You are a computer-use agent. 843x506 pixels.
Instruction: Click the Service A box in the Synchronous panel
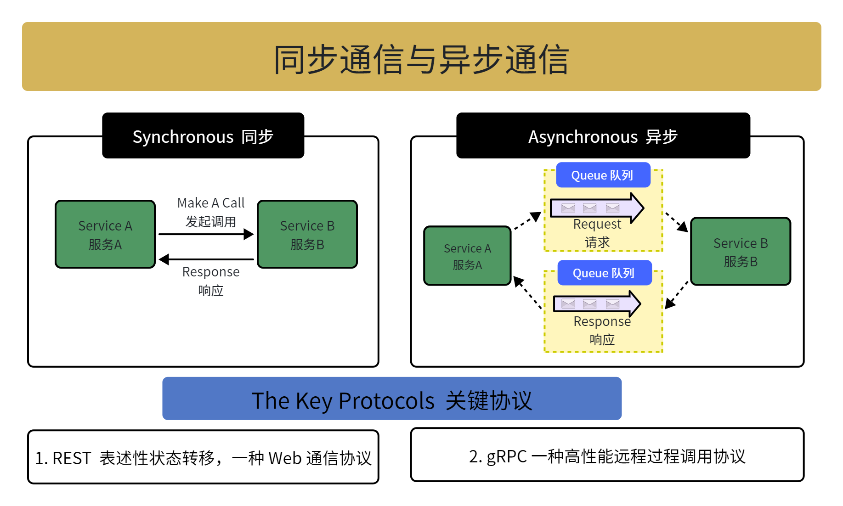pos(105,234)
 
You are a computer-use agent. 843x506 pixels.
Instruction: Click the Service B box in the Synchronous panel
pos(307,234)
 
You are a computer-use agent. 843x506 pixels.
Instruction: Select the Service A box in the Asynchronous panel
pos(467,256)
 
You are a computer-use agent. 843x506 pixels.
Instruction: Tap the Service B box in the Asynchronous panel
pos(741,252)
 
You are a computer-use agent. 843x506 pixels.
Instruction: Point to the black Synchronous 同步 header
pos(203,135)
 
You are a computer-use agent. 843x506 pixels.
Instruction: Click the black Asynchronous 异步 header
pos(603,135)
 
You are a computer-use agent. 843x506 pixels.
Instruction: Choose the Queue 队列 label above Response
pos(605,273)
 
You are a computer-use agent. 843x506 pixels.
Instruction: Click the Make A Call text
pos(211,202)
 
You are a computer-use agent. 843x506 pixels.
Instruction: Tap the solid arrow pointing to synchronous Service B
pos(206,234)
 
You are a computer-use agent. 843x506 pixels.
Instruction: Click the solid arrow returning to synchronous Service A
pos(206,259)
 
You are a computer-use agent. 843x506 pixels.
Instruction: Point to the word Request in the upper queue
pos(597,224)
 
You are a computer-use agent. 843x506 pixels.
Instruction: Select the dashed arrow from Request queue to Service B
pos(677,222)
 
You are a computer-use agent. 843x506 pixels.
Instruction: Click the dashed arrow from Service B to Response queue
pos(677,295)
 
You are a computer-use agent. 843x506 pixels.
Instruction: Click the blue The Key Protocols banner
pos(392,399)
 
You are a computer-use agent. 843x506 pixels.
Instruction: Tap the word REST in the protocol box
pos(72,458)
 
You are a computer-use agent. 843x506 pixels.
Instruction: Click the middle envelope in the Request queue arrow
pos(589,208)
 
